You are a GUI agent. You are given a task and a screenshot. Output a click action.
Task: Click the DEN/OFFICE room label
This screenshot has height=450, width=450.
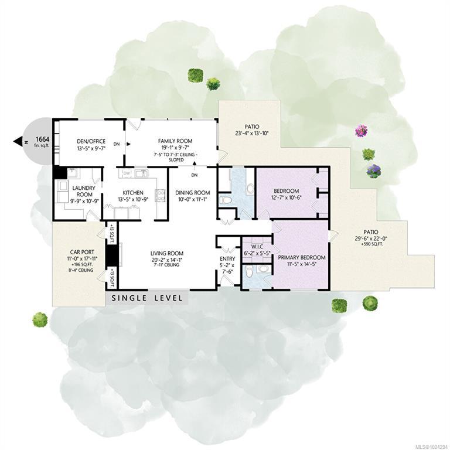(x=91, y=141)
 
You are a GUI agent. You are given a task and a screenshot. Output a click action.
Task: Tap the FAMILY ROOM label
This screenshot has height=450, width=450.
(x=175, y=141)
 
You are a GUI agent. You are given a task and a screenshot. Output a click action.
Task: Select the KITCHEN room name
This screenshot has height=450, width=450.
(x=133, y=193)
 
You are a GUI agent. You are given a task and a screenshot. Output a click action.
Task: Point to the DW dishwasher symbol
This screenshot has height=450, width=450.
(x=127, y=173)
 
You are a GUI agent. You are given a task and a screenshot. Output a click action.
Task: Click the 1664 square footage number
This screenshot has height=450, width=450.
(x=42, y=139)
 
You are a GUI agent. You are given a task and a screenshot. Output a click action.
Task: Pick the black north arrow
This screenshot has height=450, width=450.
(x=18, y=141)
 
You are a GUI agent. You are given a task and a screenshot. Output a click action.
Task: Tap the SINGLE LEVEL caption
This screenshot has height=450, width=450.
(x=147, y=298)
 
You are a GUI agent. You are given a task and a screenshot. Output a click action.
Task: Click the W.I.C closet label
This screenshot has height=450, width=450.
(x=257, y=247)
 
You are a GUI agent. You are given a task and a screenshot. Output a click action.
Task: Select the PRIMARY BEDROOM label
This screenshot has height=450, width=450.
(x=302, y=257)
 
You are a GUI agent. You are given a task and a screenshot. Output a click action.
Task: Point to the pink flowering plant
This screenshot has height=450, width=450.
(x=362, y=131)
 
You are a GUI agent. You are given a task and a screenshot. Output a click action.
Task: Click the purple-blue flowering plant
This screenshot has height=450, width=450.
(x=374, y=171)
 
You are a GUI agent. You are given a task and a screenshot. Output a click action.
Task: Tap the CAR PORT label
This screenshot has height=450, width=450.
(x=82, y=252)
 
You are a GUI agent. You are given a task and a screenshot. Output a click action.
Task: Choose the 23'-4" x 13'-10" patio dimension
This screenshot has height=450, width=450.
(x=252, y=133)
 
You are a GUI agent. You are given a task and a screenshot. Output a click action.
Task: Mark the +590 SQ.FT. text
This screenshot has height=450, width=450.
(x=371, y=244)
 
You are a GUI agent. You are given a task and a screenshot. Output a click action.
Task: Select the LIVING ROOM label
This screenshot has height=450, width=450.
(x=167, y=253)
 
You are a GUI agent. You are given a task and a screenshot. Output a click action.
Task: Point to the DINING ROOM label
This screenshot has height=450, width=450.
(x=193, y=193)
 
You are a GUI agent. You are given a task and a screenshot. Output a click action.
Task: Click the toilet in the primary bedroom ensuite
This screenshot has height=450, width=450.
(x=249, y=271)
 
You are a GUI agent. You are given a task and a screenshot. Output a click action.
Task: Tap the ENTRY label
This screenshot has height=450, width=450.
(x=227, y=258)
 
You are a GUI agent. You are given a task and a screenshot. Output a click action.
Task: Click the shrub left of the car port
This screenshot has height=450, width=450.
(x=40, y=320)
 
